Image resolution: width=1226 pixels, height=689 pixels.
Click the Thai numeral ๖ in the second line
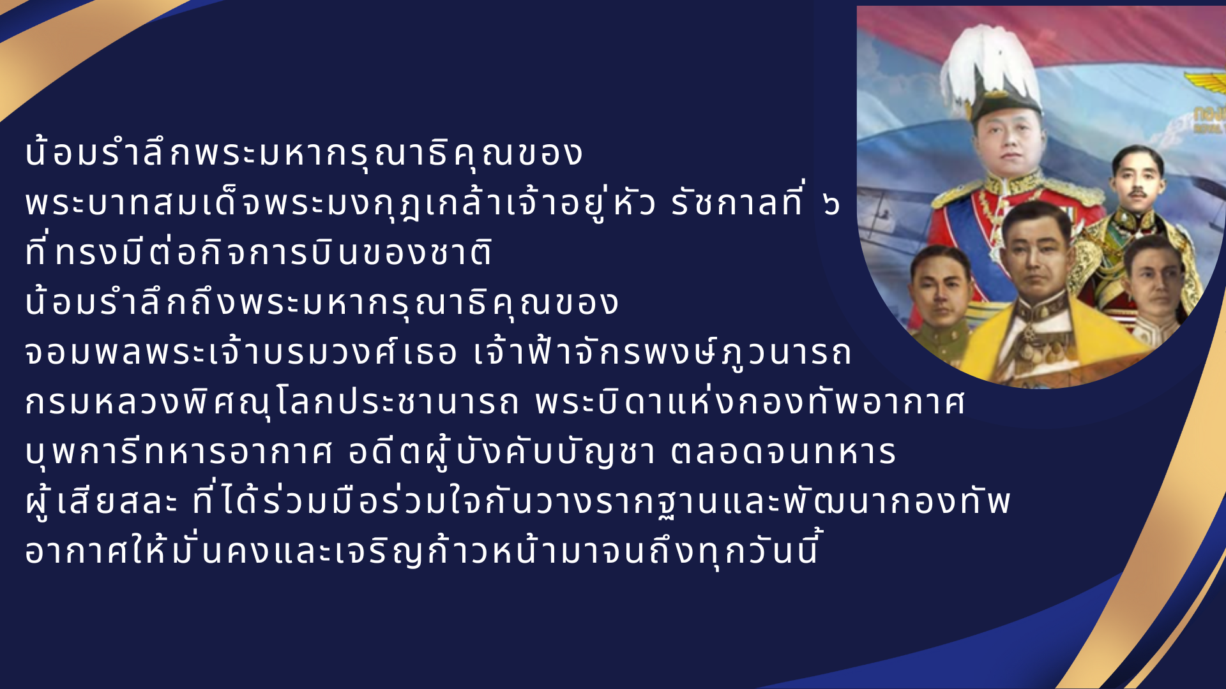click(x=831, y=204)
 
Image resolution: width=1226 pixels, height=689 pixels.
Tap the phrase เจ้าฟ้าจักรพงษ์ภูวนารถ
click(x=662, y=351)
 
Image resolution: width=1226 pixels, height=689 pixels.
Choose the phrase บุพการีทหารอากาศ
click(x=179, y=452)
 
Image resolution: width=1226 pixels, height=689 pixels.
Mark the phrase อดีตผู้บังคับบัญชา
click(x=502, y=452)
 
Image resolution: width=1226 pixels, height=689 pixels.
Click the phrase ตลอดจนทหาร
click(x=784, y=452)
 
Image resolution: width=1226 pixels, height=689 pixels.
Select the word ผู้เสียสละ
click(x=102, y=501)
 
